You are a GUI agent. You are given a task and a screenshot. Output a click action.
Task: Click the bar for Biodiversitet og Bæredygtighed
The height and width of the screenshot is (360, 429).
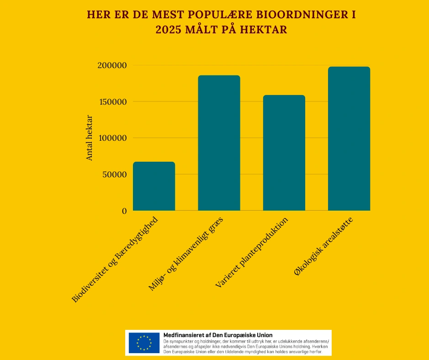coord(154,186)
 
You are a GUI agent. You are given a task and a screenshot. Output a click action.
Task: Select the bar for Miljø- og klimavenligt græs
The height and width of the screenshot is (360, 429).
coord(219,143)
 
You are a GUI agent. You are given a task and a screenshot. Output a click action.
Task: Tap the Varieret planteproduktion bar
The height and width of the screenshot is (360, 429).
coord(284,153)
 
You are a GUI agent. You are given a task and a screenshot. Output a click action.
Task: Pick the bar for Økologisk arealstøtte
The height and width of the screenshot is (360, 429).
coord(349,139)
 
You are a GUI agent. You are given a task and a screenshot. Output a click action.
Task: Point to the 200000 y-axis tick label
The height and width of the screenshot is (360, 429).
coord(112,65)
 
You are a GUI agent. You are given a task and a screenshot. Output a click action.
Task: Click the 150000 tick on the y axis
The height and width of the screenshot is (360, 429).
coord(112,102)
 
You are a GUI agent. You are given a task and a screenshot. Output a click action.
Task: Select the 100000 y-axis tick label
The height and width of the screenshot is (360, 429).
coord(112,138)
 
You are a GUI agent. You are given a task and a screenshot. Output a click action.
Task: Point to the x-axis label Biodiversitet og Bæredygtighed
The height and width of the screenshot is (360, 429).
coord(115,259)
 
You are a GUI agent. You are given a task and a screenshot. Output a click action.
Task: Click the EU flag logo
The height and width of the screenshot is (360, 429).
coord(144,343)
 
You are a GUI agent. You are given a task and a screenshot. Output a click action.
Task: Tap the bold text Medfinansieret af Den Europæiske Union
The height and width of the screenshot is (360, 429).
coord(217,335)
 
